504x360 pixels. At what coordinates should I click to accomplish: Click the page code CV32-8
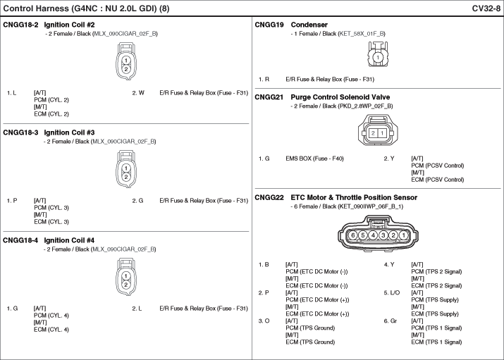pyautogui.click(x=486, y=8)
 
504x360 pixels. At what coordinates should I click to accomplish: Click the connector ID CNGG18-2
pyautogui.click(x=20, y=25)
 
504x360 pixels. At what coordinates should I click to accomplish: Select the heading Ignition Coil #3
pyautogui.click(x=69, y=132)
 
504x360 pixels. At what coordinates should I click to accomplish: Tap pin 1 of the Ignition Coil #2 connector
pyautogui.click(x=126, y=61)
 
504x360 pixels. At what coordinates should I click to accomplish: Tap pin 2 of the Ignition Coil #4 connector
pyautogui.click(x=126, y=285)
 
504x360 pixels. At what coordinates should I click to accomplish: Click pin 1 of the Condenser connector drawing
pyautogui.click(x=378, y=58)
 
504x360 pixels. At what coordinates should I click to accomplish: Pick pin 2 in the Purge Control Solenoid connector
pyautogui.click(x=373, y=133)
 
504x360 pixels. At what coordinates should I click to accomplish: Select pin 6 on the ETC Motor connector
pyautogui.click(x=353, y=235)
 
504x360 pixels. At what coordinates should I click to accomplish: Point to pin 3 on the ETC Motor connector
pyautogui.click(x=383, y=235)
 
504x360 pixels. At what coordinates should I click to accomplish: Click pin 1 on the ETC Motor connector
pyautogui.click(x=403, y=235)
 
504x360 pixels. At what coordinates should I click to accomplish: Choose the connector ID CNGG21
pyautogui.click(x=269, y=97)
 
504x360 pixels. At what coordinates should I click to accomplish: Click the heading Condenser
pyautogui.click(x=309, y=25)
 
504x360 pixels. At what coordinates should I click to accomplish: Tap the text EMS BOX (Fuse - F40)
pyautogui.click(x=314, y=159)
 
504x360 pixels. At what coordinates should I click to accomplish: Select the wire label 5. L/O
pyautogui.click(x=392, y=293)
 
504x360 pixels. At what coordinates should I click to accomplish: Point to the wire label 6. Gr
pyautogui.click(x=391, y=321)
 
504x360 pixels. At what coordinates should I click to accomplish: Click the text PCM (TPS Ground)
pyautogui.click(x=310, y=328)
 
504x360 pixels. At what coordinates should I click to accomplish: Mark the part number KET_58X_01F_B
pyautogui.click(x=362, y=34)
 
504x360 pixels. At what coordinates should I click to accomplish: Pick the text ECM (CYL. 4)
pyautogui.click(x=51, y=330)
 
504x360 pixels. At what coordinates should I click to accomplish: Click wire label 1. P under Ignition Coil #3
pyautogui.click(x=12, y=201)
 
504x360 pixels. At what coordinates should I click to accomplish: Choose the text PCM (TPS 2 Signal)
pyautogui.click(x=436, y=272)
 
